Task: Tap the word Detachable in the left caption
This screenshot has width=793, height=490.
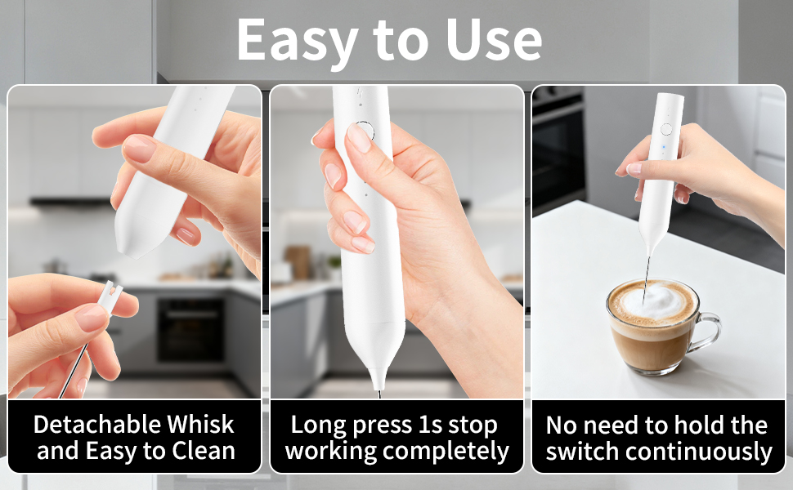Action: pyautogui.click(x=97, y=425)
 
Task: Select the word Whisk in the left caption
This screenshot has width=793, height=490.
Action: pyautogui.click(x=200, y=425)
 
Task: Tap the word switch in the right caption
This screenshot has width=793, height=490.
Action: pyautogui.click(x=584, y=452)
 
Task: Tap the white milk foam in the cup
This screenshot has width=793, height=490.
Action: pyautogui.click(x=654, y=301)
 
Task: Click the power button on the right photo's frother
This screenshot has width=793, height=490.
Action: pyautogui.click(x=666, y=128)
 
